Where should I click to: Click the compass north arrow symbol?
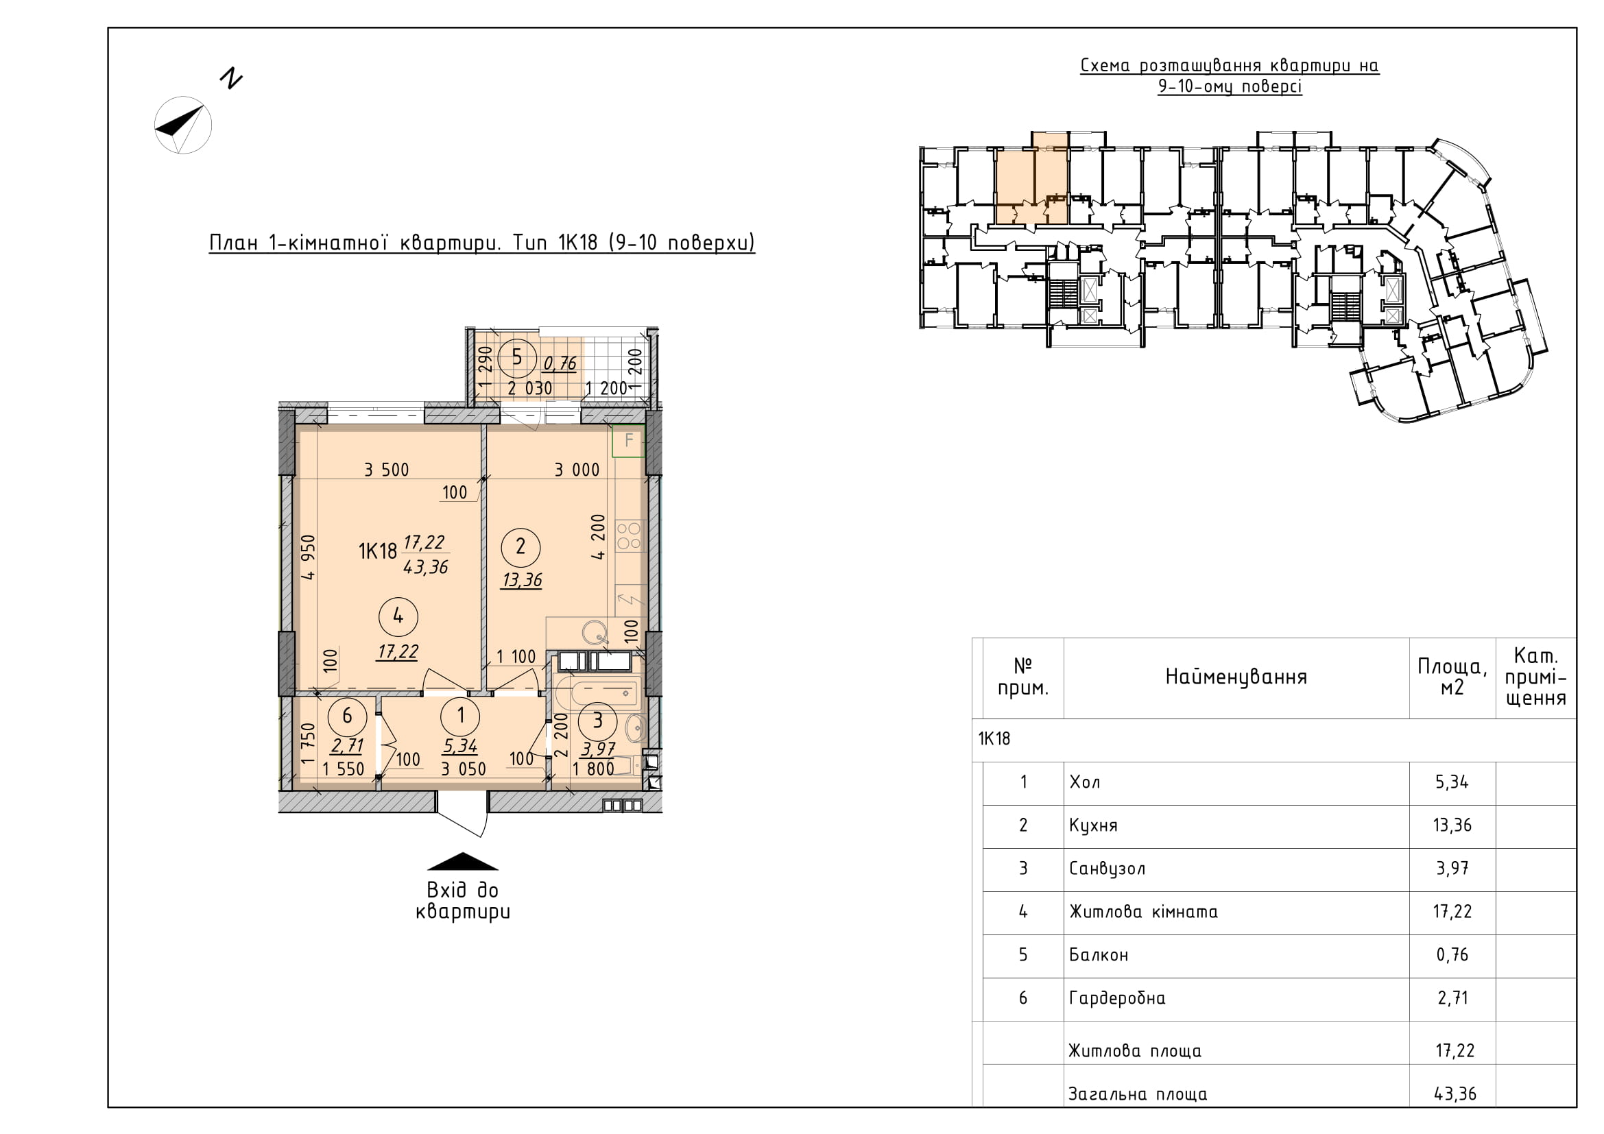click(183, 125)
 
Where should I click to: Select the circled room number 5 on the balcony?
click(516, 357)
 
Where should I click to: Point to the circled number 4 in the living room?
click(398, 616)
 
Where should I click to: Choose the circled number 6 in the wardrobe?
click(346, 716)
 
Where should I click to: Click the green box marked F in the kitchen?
click(628, 441)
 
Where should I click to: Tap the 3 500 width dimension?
click(386, 470)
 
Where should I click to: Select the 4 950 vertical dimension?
click(308, 557)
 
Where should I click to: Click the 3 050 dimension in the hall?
click(463, 769)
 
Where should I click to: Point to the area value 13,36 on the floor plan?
click(522, 580)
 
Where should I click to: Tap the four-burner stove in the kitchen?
click(629, 536)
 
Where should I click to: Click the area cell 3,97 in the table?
click(1452, 869)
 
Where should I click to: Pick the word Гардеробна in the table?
click(1117, 998)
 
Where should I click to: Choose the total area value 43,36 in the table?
click(1455, 1094)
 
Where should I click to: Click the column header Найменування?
click(1236, 677)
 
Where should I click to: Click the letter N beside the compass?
click(230, 78)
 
